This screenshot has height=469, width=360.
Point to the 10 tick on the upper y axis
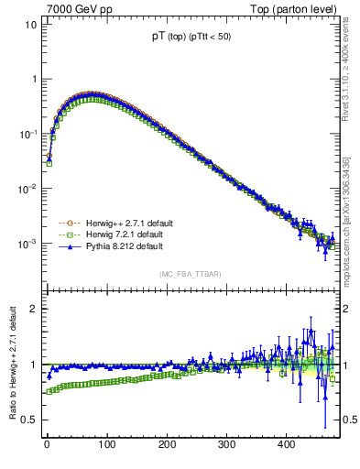pos(30,24)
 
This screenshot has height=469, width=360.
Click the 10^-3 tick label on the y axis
pos(27,244)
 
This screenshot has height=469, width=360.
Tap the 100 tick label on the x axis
pos(106,445)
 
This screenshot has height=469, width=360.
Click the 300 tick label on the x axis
pos(226,445)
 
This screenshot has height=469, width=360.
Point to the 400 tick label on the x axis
pos(286,445)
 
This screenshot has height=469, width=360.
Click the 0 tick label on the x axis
pos(47,445)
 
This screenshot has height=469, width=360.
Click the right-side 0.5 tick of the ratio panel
pos(347,420)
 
